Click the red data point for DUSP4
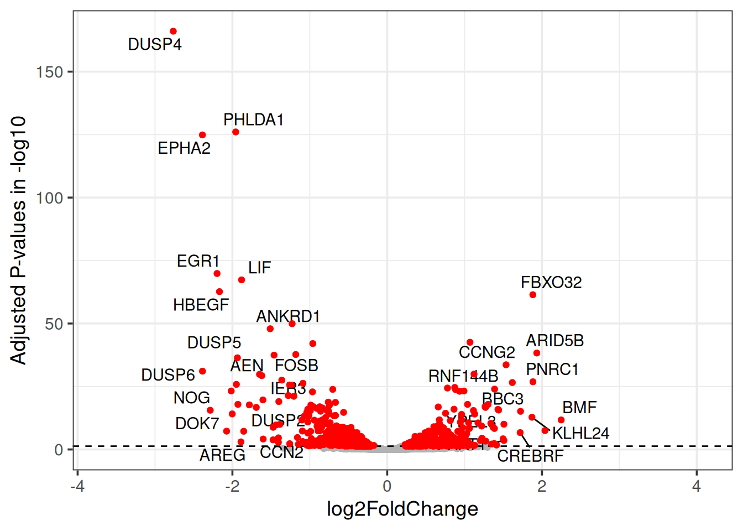coord(173,32)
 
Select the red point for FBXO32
coord(533,295)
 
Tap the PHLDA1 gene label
coord(253,119)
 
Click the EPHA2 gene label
coord(184,148)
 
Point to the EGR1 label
coord(198,261)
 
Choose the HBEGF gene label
coord(201,305)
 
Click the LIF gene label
coord(259,268)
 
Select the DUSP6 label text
coord(168,375)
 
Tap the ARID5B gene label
coord(554,341)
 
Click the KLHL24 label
coord(580,433)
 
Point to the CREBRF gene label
coord(530,456)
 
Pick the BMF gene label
coord(579,408)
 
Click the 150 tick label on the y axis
coord(50,72)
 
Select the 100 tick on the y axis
coord(50,198)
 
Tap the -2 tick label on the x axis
coord(232,486)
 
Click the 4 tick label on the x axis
coord(697,486)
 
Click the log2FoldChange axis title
coord(402,509)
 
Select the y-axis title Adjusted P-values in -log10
coord(18,240)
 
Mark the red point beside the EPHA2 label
coord(202,135)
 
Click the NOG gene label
coord(191,398)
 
